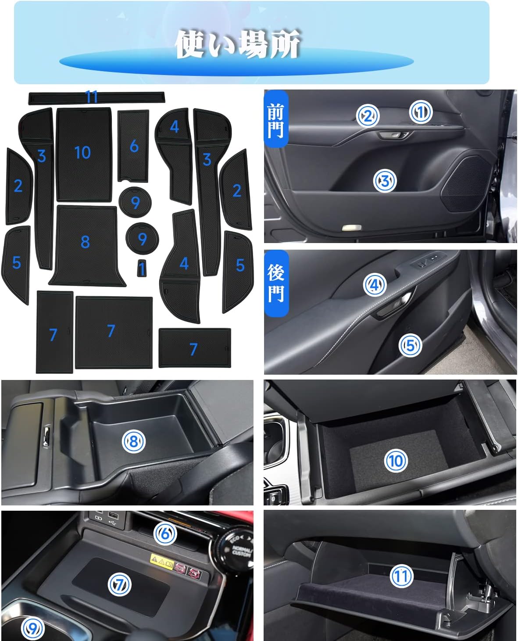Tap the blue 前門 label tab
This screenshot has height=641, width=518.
(x=276, y=118)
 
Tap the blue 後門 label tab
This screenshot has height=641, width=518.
(x=276, y=283)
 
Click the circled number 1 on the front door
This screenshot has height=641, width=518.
(x=421, y=112)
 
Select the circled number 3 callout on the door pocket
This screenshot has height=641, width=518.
(x=385, y=181)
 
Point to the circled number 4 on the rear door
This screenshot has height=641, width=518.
(x=375, y=285)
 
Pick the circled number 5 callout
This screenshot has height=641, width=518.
(x=410, y=345)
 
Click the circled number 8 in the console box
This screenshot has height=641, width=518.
(x=134, y=441)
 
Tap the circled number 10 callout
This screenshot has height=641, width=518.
(x=396, y=461)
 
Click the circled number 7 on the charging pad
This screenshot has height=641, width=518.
(x=119, y=584)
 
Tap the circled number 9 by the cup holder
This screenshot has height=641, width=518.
(x=33, y=628)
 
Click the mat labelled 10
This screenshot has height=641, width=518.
(x=84, y=154)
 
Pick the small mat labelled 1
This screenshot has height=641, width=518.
(x=142, y=268)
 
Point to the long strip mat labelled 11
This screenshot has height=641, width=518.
(x=96, y=98)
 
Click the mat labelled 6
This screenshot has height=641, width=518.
(x=133, y=146)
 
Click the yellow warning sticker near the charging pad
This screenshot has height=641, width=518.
(x=161, y=560)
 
